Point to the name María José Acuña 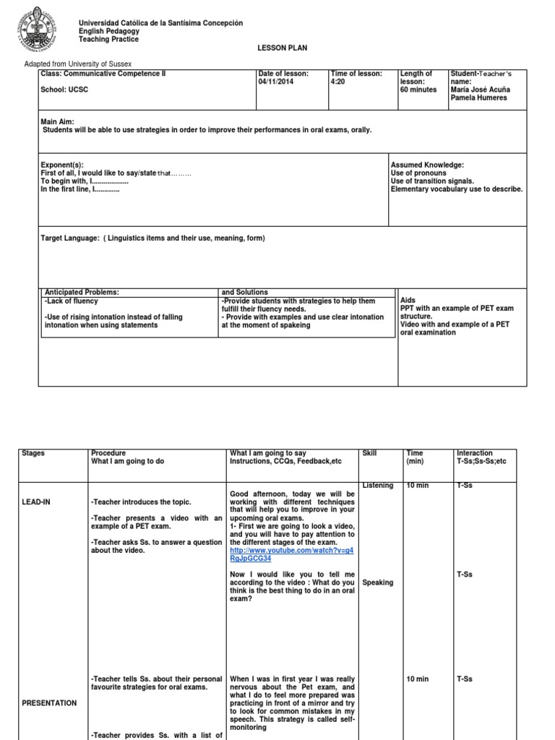point(480,90)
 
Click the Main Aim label point(58,122)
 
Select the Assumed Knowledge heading point(427,165)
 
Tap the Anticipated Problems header point(82,292)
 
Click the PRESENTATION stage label point(49,702)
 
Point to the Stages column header point(33,453)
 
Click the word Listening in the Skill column point(377,486)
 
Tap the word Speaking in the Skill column point(378,582)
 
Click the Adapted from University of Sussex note point(78,64)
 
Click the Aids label point(408,299)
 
